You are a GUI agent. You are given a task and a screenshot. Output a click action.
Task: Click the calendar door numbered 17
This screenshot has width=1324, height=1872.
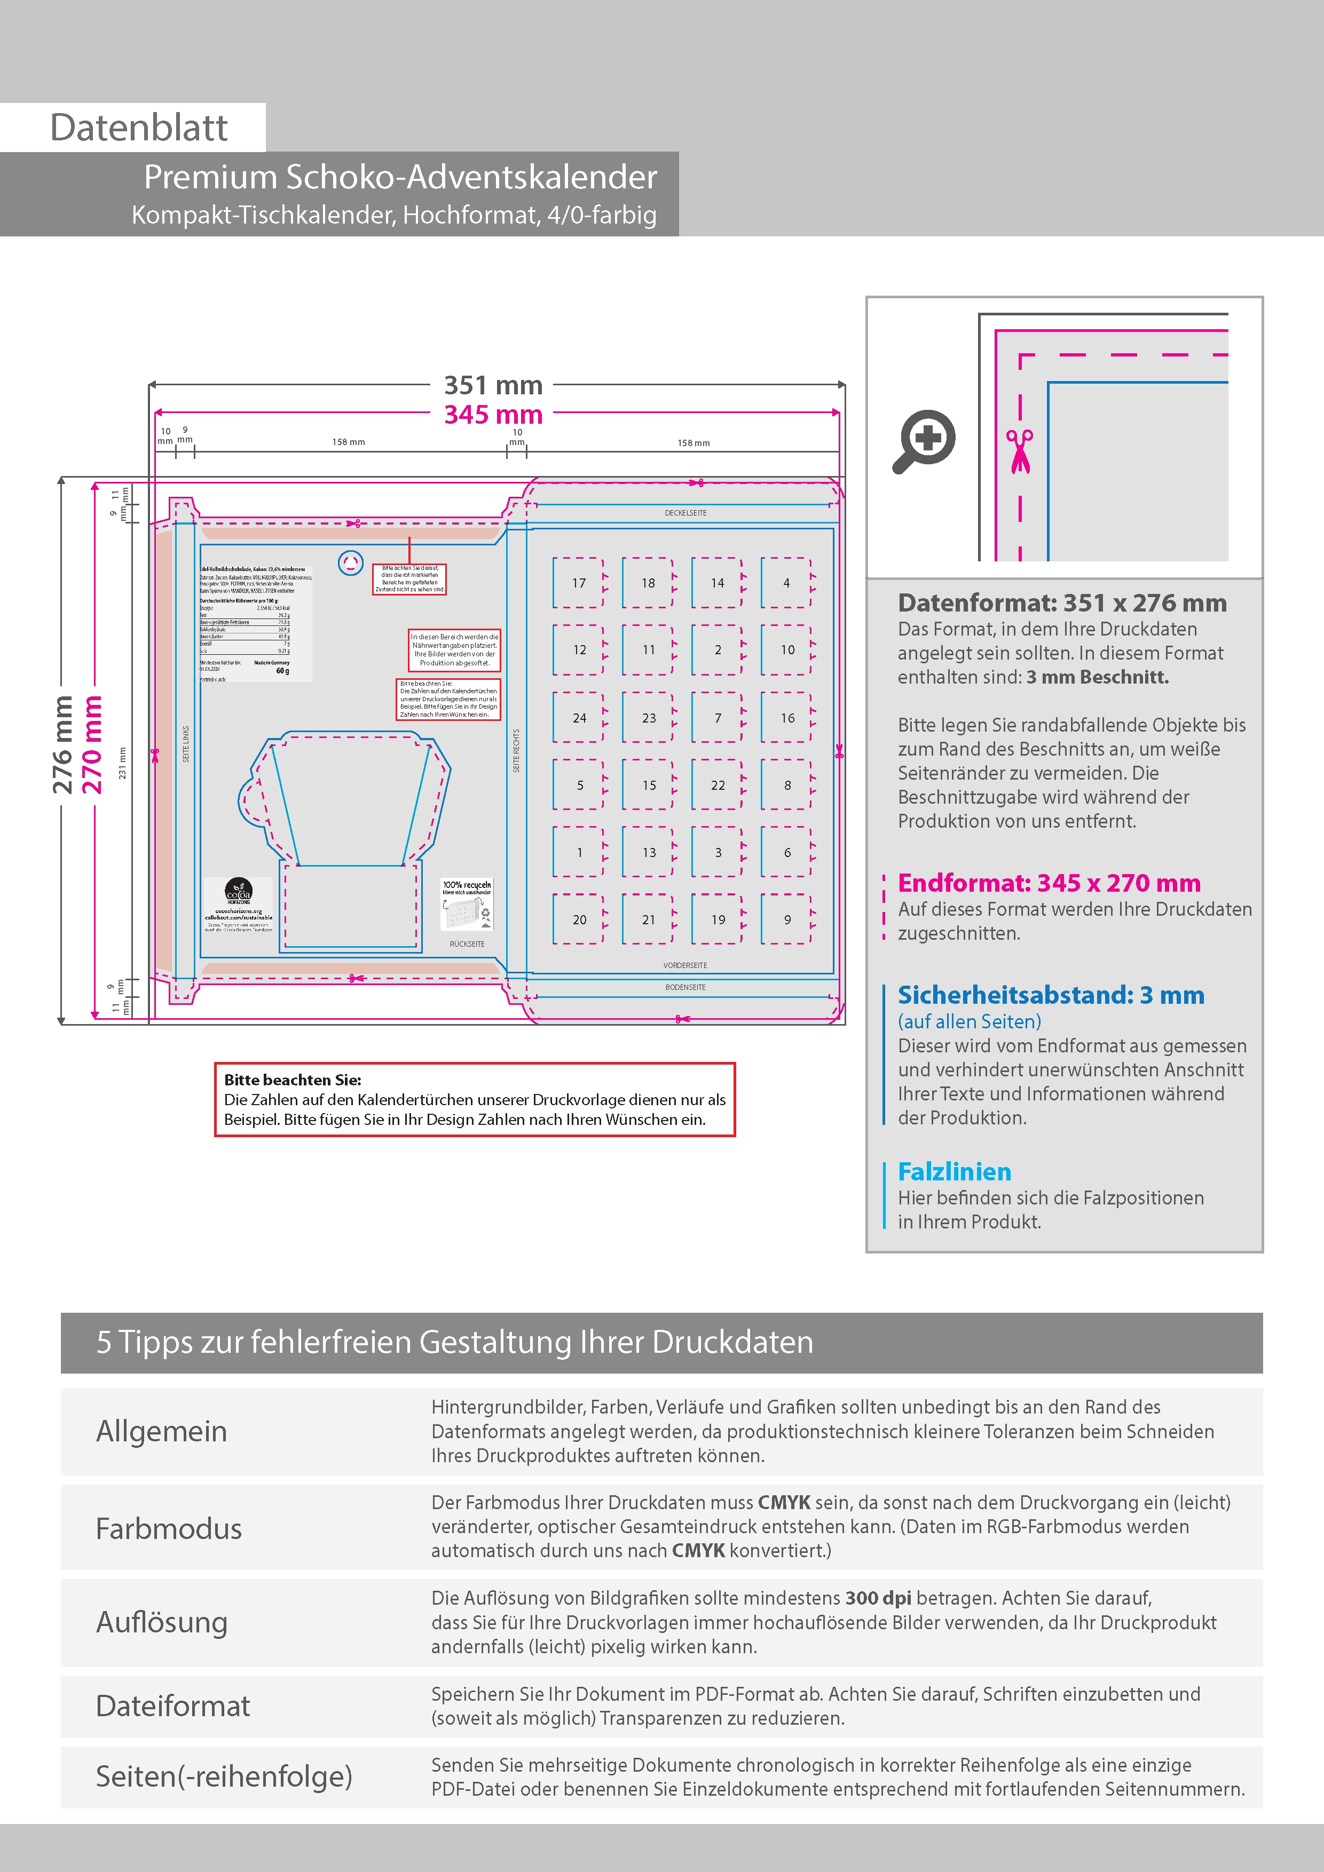tap(578, 583)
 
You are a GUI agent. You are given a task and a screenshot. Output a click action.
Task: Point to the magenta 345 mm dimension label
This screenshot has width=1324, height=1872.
tap(493, 414)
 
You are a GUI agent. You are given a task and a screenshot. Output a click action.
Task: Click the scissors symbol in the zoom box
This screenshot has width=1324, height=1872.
tap(1020, 451)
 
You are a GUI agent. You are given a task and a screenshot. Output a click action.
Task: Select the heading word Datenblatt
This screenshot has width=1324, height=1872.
tap(139, 128)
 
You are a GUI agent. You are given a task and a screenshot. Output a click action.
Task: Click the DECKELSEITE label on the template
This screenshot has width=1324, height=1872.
tap(685, 513)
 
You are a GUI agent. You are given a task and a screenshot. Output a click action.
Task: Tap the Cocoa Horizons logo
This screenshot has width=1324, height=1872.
tap(238, 891)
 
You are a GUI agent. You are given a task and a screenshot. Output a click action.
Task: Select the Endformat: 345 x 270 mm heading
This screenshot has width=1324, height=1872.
tap(1049, 883)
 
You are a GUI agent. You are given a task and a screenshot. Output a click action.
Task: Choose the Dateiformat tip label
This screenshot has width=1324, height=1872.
tap(173, 1706)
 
